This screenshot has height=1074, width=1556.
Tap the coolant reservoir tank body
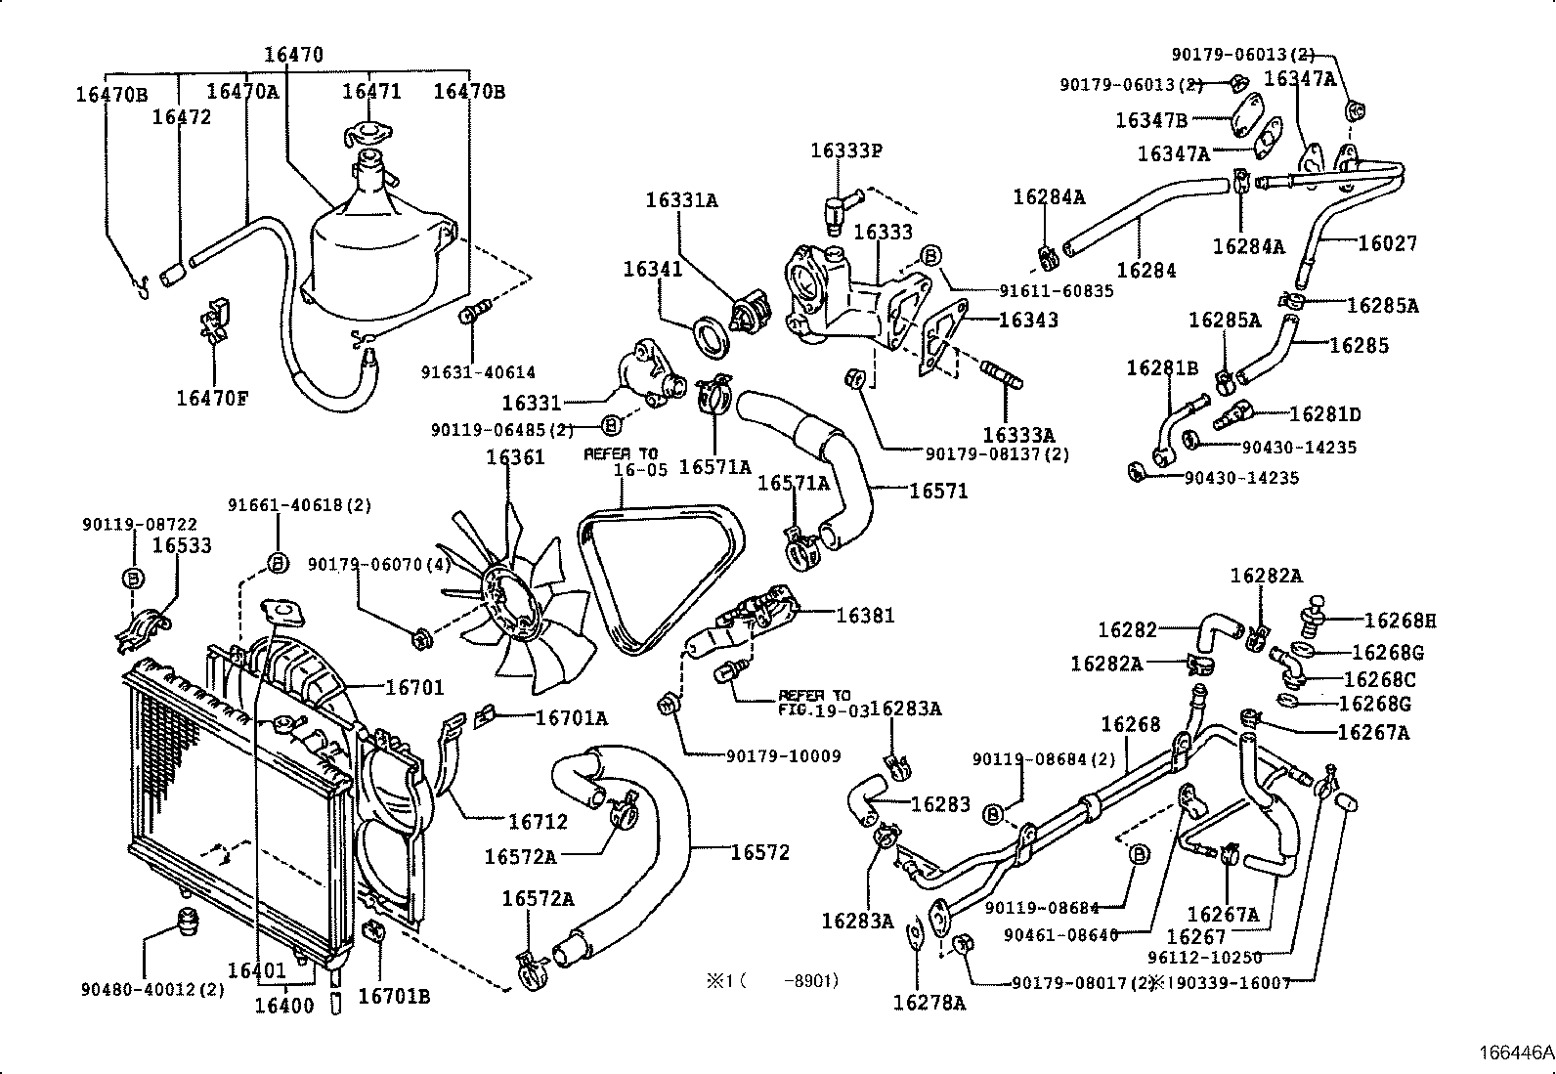point(376,264)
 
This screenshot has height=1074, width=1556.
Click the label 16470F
point(212,398)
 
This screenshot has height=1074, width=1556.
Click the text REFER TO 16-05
point(622,461)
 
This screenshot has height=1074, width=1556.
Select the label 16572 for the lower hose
point(759,852)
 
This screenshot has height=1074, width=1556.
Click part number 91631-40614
point(478,372)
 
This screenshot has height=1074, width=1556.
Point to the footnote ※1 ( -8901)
point(772,980)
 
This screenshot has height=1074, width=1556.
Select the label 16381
point(865,616)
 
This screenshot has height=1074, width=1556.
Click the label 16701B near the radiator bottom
point(394,996)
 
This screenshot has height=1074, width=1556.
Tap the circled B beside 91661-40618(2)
point(277,563)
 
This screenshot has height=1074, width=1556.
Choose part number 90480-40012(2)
point(152,989)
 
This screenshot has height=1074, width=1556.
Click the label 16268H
point(1400,620)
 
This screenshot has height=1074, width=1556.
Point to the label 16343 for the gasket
point(1028,320)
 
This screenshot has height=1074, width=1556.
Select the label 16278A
point(929,1002)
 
